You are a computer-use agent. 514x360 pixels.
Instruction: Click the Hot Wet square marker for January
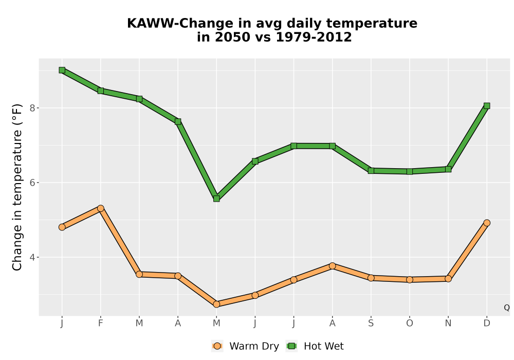(x=62, y=70)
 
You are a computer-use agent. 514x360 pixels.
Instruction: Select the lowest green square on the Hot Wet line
(x=216, y=199)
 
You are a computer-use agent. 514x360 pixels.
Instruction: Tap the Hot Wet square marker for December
(x=487, y=105)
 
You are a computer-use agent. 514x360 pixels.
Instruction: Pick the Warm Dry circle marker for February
(x=101, y=208)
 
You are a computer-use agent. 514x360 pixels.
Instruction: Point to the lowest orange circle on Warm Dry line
(x=216, y=304)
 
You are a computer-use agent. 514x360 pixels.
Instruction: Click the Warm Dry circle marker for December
(x=487, y=223)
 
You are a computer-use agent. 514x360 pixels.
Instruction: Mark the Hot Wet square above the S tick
(x=371, y=171)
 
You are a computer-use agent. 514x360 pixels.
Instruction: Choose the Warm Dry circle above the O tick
(x=410, y=279)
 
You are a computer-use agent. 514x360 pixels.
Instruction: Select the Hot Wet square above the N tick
(x=448, y=169)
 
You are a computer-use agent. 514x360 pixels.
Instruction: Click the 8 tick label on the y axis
(x=32, y=108)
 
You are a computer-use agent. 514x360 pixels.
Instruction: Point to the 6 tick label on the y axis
(x=32, y=183)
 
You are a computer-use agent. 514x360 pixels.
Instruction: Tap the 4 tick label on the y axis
(x=32, y=257)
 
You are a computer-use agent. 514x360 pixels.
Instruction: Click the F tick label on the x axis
(x=101, y=323)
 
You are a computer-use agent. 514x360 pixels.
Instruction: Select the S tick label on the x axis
(x=371, y=323)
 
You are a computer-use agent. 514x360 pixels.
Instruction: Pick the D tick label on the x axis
(x=487, y=323)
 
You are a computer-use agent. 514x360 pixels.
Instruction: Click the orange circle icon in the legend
(x=217, y=346)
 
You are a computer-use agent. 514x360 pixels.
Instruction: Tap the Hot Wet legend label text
(x=324, y=346)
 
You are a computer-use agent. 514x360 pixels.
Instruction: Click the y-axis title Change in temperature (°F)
(x=17, y=187)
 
